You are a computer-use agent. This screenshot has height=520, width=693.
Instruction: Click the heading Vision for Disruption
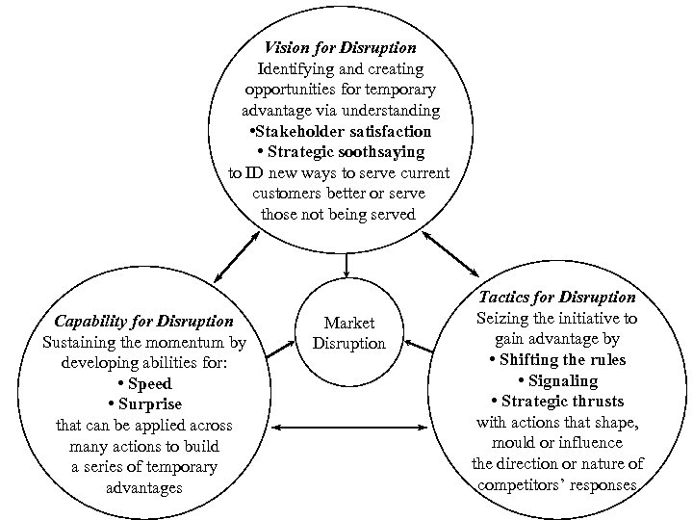click(340, 47)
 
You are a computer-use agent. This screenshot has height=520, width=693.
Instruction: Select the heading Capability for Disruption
click(143, 321)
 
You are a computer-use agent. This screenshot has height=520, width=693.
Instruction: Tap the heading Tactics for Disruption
click(556, 297)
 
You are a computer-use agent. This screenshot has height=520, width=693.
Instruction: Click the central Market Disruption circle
click(348, 332)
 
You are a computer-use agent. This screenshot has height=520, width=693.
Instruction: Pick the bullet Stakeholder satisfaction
click(340, 130)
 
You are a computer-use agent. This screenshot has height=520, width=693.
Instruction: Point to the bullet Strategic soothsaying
click(341, 151)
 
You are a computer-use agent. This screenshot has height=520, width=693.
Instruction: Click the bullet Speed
click(144, 383)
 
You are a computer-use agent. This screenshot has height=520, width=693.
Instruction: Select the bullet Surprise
click(144, 403)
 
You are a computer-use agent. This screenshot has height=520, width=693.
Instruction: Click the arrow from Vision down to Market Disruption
click(346, 264)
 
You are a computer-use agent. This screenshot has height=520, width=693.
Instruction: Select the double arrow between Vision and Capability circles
click(236, 252)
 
